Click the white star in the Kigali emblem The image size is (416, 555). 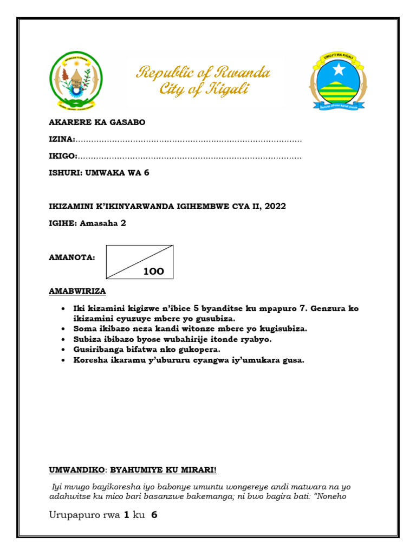(x=339, y=69)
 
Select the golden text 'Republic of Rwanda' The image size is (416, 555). (x=203, y=72)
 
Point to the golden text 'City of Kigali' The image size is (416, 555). (x=204, y=89)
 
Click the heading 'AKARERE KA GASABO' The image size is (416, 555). (x=97, y=122)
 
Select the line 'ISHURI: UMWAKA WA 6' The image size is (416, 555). (x=99, y=173)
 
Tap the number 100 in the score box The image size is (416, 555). (x=153, y=272)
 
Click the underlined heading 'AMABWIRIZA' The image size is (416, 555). (x=77, y=291)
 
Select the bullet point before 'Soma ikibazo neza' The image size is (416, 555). (x=64, y=329)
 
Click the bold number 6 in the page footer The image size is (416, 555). (x=154, y=515)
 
